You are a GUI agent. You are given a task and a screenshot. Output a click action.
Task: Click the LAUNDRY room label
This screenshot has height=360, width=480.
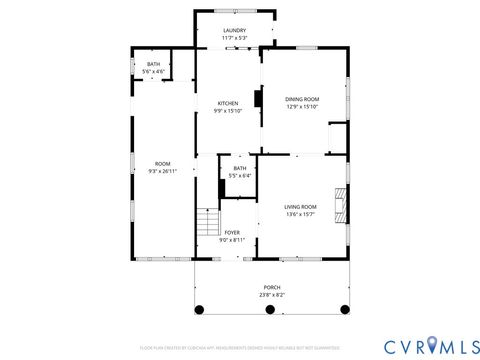pyautogui.click(x=234, y=31)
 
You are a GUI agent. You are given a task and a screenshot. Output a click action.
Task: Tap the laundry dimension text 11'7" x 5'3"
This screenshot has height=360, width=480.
pyautogui.click(x=234, y=39)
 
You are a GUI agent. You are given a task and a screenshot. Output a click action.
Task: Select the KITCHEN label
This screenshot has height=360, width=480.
pyautogui.click(x=228, y=103)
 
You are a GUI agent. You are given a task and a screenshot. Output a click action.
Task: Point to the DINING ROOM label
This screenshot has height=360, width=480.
pyautogui.click(x=302, y=99)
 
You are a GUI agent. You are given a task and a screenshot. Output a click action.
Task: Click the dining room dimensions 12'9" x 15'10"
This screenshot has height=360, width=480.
pyautogui.click(x=302, y=107)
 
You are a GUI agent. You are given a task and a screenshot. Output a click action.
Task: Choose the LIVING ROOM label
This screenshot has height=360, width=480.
pyautogui.click(x=301, y=206)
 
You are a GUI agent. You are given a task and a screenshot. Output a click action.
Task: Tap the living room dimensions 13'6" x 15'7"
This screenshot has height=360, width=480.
pyautogui.click(x=301, y=214)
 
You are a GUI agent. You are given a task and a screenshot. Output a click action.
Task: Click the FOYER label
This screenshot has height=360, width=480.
pyautogui.click(x=231, y=232)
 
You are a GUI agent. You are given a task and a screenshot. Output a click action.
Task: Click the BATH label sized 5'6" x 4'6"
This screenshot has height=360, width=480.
pyautogui.click(x=153, y=64)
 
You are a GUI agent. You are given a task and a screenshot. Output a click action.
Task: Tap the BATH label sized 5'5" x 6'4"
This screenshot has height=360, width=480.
pyautogui.click(x=240, y=168)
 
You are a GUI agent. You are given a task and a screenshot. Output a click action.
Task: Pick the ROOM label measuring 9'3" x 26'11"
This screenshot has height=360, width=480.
pyautogui.click(x=162, y=163)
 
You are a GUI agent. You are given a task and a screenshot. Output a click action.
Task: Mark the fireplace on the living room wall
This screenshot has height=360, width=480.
pyautogui.click(x=343, y=204)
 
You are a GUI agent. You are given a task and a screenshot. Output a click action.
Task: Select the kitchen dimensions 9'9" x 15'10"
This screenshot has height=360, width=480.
pyautogui.click(x=228, y=111)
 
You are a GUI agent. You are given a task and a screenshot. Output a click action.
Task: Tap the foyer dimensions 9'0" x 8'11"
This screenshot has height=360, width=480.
pyautogui.click(x=231, y=240)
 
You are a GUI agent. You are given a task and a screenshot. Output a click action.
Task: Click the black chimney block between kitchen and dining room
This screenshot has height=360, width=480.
pyautogui.click(x=258, y=99)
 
